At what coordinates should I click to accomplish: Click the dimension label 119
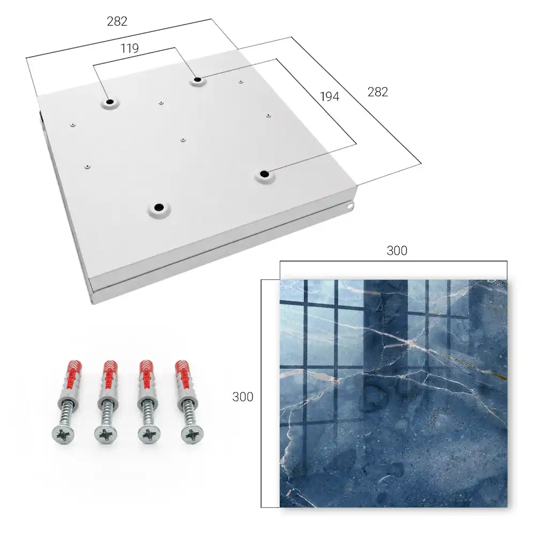click(x=129, y=49)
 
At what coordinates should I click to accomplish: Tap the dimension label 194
click(x=330, y=97)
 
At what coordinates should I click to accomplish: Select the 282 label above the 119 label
click(x=117, y=21)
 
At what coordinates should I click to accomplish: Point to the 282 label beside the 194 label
click(x=378, y=92)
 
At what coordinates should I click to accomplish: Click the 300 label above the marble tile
click(x=397, y=251)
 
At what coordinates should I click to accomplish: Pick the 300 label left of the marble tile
click(x=242, y=397)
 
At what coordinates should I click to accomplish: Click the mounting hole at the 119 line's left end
click(x=110, y=102)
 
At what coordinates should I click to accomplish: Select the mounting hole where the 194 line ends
click(x=264, y=174)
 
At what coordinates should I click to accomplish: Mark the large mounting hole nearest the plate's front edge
click(x=159, y=207)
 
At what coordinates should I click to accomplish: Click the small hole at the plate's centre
click(x=183, y=140)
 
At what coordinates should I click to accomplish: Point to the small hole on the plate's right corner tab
click(x=350, y=206)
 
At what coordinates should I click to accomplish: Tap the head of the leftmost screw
click(x=63, y=435)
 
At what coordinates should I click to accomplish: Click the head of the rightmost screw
click(x=193, y=434)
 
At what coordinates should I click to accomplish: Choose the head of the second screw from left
click(x=105, y=435)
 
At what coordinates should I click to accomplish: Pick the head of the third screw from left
click(x=149, y=435)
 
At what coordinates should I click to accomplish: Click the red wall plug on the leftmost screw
click(x=72, y=376)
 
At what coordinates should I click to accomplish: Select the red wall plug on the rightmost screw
click(x=184, y=376)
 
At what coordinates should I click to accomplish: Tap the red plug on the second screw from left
click(x=110, y=376)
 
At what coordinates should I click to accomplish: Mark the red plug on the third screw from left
click(x=148, y=376)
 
